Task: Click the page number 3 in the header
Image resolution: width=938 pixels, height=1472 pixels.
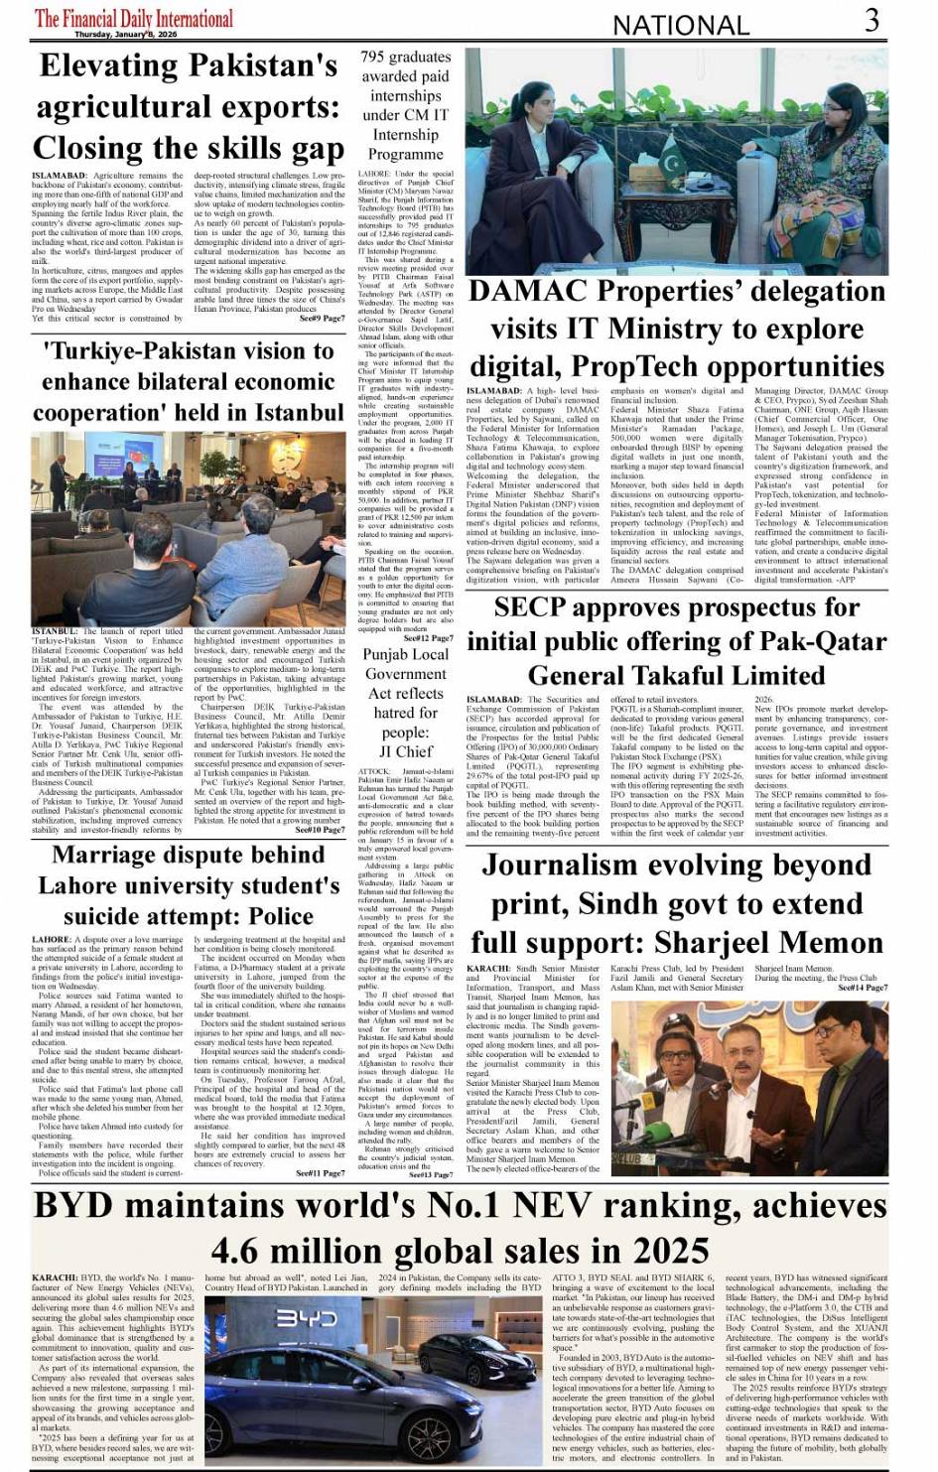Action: (871, 20)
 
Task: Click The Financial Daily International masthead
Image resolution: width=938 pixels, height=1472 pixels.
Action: (134, 18)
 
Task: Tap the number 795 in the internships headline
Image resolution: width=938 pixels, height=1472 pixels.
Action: (378, 58)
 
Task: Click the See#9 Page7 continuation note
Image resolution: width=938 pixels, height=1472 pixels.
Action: (322, 318)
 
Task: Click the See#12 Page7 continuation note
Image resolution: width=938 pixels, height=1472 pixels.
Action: (428, 638)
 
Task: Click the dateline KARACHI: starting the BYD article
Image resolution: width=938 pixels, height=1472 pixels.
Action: (54, 1278)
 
